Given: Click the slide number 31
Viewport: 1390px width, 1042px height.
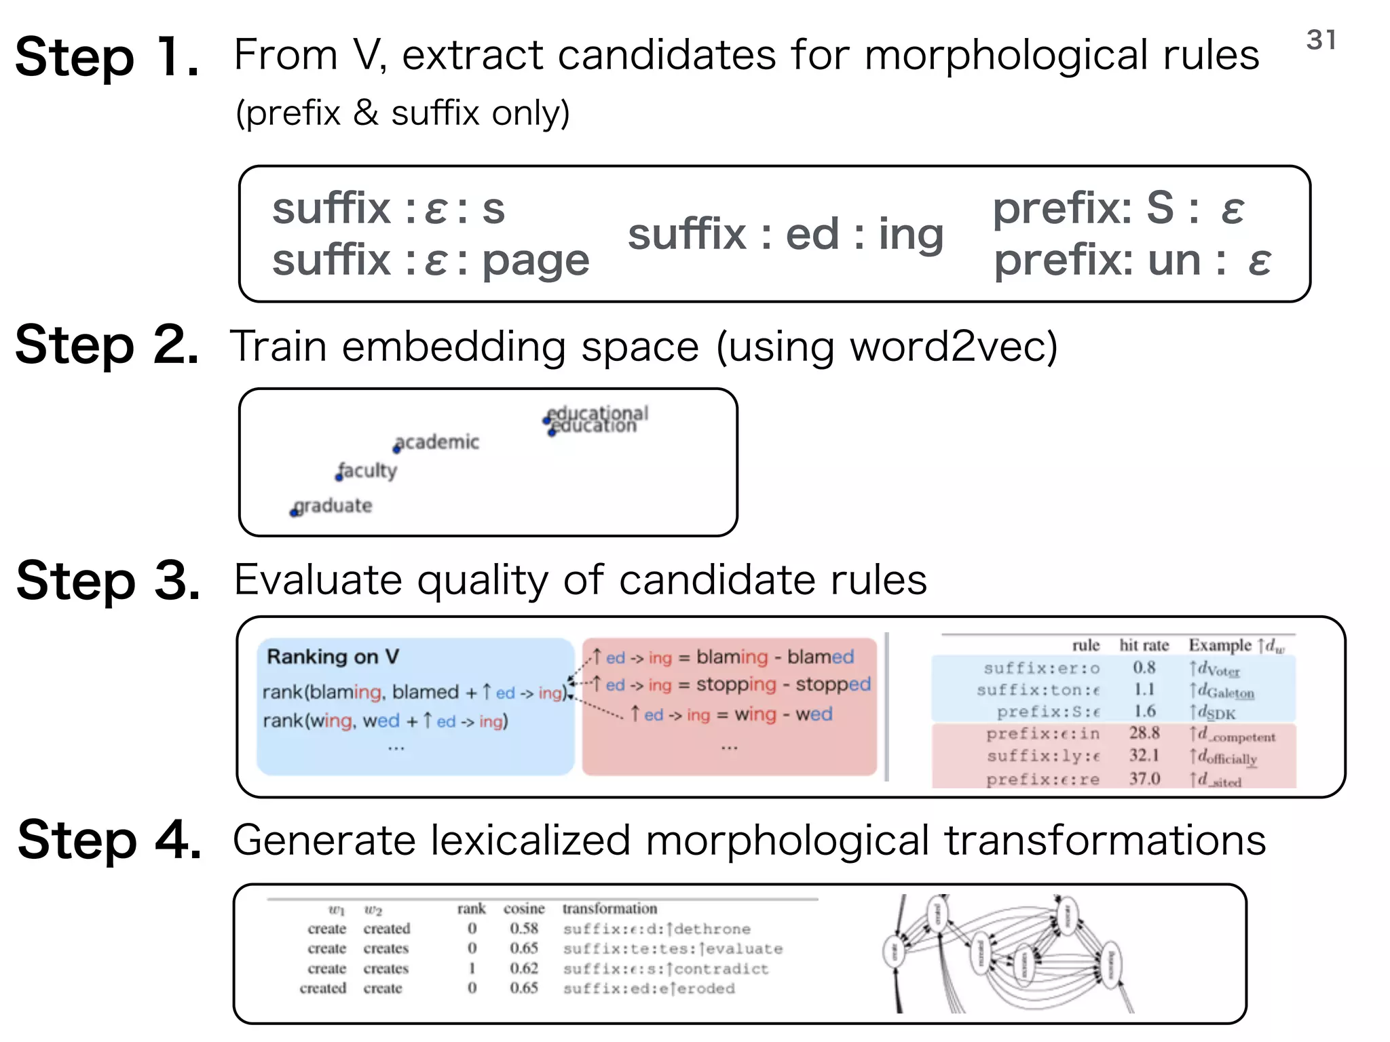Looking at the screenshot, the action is click(1321, 40).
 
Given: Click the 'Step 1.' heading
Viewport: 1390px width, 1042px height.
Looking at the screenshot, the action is click(107, 58).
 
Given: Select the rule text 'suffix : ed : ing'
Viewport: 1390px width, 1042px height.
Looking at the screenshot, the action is click(785, 235).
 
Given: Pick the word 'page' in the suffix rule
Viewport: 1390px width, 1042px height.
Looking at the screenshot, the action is click(536, 260).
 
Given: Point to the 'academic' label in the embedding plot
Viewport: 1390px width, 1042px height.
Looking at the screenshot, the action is click(437, 442).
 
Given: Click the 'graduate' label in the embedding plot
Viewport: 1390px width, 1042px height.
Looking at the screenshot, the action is click(333, 506).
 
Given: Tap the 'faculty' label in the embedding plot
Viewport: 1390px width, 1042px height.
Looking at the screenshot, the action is click(367, 470).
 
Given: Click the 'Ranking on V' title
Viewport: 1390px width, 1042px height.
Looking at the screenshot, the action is click(333, 657).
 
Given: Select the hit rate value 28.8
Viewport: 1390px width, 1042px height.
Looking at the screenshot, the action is click(1144, 733).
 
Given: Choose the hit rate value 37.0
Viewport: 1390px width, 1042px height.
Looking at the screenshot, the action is click(1144, 779).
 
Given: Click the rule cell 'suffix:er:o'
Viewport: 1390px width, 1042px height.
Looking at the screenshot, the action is click(1041, 668).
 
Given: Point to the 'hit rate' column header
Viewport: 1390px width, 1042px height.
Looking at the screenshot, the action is click(1144, 645).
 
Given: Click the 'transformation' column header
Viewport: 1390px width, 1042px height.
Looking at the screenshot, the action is click(609, 908).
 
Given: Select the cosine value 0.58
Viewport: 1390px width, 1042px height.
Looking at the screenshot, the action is click(524, 929).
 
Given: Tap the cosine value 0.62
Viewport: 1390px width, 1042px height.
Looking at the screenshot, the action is click(524, 969).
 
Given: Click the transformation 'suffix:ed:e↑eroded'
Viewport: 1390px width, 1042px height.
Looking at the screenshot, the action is click(649, 988).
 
